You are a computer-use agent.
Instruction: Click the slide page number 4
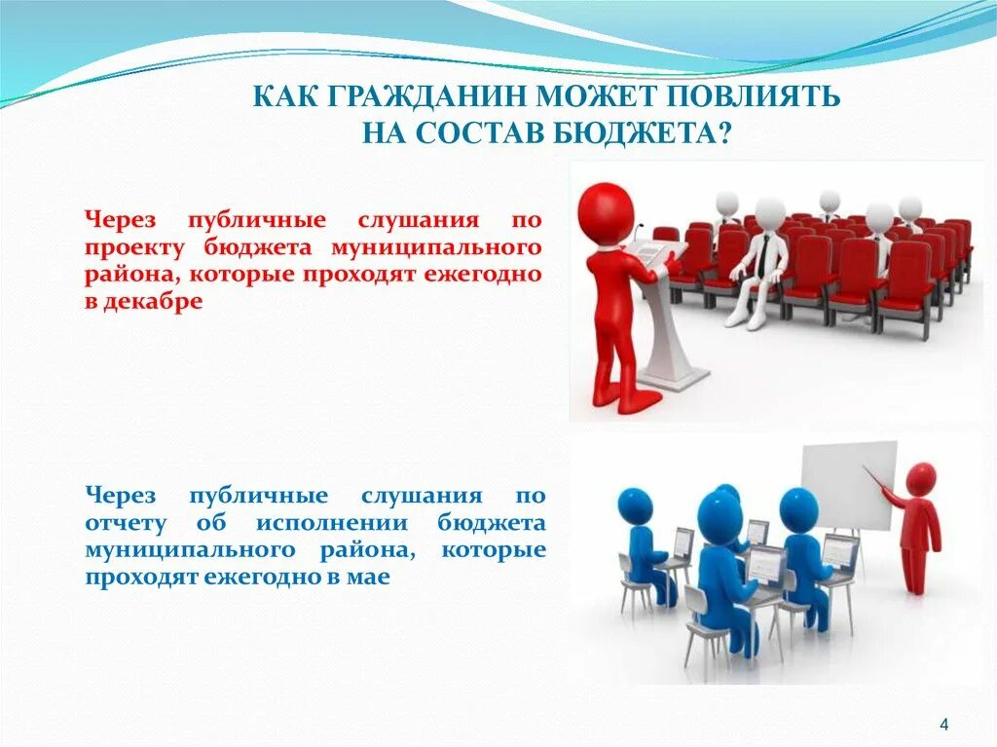coord(943,724)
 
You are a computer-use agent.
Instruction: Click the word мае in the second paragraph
coord(371,578)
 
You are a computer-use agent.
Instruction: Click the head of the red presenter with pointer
coord(920,478)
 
